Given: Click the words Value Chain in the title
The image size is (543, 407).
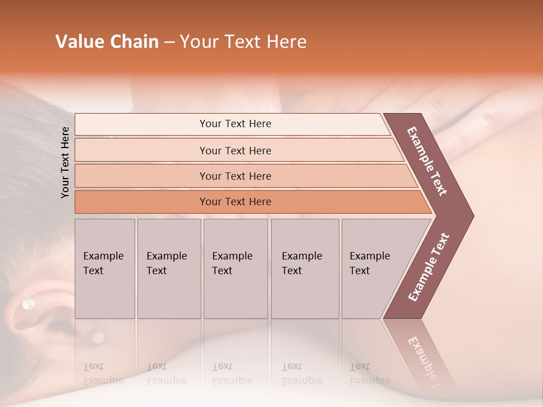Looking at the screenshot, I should tap(107, 42).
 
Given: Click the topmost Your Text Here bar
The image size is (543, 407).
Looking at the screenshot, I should tap(235, 124).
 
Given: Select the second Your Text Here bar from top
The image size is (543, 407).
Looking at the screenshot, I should tap(235, 150).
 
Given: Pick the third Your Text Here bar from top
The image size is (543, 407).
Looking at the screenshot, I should tap(235, 176).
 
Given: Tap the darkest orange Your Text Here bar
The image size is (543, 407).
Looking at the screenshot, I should tap(235, 202).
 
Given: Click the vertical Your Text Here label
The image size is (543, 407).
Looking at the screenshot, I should tap(65, 162).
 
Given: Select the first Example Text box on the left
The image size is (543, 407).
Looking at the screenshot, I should tap(105, 269).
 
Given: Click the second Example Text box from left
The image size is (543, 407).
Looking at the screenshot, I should tap(169, 269).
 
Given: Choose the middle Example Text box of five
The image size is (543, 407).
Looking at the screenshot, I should tap(235, 269).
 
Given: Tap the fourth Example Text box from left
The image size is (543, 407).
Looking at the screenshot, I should tap(304, 269).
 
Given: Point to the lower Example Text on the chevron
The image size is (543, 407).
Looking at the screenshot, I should tap(429, 267).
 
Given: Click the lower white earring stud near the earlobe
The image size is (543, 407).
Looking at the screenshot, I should tap(98, 337).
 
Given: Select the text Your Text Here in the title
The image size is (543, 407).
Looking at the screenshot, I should tap(243, 42).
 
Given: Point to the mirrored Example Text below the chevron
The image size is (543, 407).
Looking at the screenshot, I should tap(427, 362).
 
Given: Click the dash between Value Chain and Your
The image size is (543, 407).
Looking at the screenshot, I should tap(169, 42).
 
